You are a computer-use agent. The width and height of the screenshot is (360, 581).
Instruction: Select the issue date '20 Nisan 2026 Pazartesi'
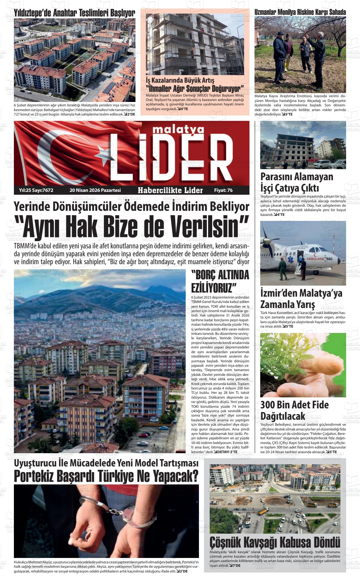[95, 190]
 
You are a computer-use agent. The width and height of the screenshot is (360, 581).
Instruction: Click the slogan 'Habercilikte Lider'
[170, 190]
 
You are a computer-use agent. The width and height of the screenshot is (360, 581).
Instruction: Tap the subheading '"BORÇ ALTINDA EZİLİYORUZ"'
[220, 281]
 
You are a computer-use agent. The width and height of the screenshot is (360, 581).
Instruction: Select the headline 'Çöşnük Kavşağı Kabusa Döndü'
[275, 542]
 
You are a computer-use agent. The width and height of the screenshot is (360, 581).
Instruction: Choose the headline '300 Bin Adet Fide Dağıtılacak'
[294, 410]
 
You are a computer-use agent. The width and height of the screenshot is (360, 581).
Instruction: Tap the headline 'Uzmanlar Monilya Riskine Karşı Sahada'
[300, 12]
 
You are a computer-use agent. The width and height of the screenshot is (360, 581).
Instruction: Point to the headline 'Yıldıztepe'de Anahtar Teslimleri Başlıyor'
[75, 13]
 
